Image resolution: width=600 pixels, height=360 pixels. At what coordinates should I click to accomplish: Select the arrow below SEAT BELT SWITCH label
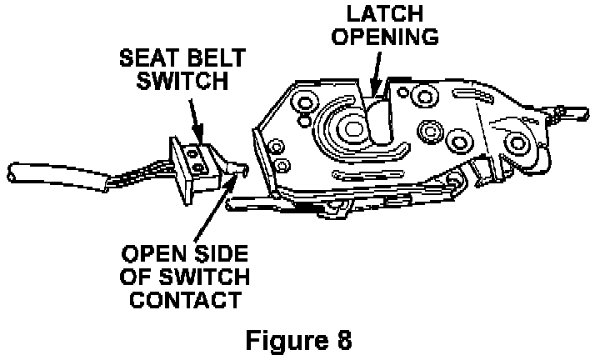point(197,117)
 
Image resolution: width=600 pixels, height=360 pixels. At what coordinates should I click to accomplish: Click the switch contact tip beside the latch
point(242,168)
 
